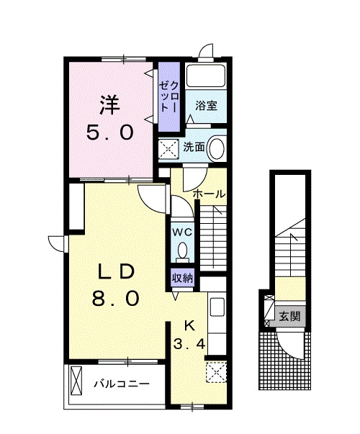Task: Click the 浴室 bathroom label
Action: click(207, 106)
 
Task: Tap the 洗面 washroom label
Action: click(194, 148)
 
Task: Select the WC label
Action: click(182, 232)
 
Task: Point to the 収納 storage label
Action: click(182, 279)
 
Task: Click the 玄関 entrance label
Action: click(289, 316)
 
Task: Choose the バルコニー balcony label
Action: click(121, 384)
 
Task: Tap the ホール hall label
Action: click(209, 194)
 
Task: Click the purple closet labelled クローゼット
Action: click(169, 97)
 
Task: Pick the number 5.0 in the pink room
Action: click(110, 132)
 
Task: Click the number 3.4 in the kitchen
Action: click(189, 344)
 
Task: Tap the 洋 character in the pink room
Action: click(110, 105)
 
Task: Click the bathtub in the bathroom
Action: click(205, 76)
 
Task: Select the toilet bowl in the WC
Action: click(182, 250)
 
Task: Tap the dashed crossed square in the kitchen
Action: click(216, 372)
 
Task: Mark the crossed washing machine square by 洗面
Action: click(168, 150)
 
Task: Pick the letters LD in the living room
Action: click(115, 272)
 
